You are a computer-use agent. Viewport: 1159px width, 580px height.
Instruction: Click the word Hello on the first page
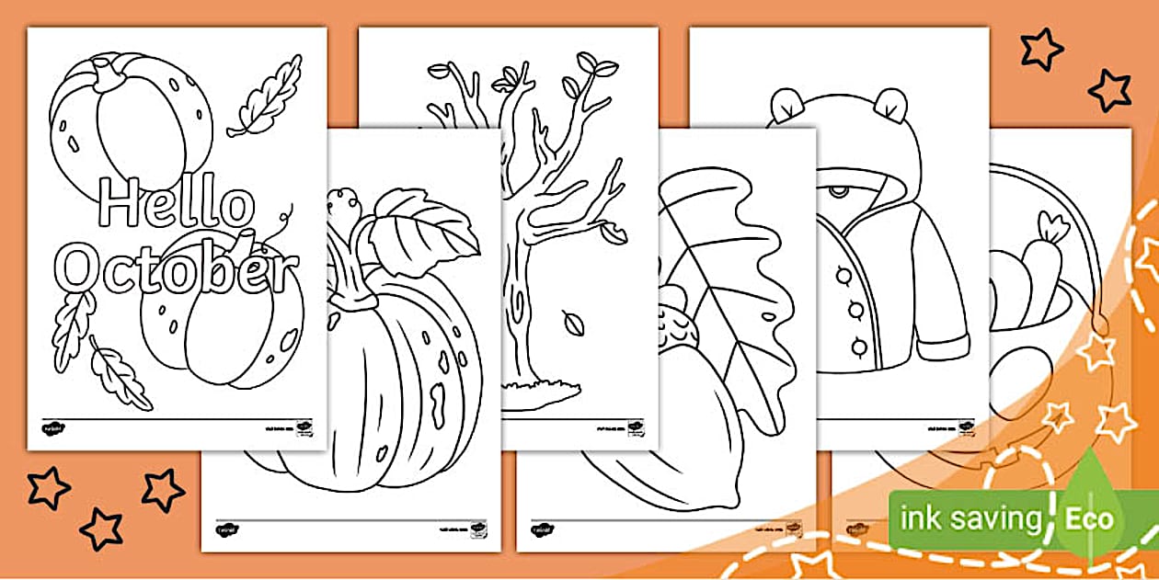pyautogui.click(x=175, y=204)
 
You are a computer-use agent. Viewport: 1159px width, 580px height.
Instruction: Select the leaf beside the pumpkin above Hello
pyautogui.click(x=267, y=97)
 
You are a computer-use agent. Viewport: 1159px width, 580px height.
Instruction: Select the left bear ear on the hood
pyautogui.click(x=787, y=106)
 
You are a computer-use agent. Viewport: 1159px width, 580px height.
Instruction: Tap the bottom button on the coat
pyautogui.click(x=857, y=347)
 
